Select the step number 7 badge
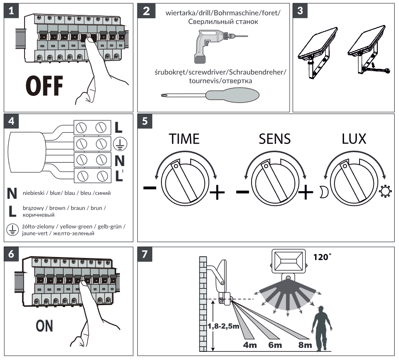(x=146, y=254)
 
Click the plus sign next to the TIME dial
(x=217, y=192)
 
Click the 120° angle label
(x=320, y=257)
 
